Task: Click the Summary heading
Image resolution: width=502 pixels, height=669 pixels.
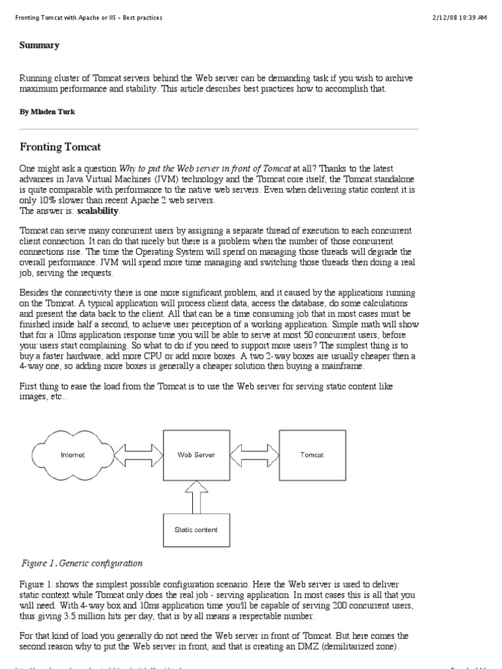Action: [x=39, y=45]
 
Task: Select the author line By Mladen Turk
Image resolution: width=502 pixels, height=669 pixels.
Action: [x=47, y=112]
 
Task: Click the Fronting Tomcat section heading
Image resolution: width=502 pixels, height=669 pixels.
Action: [x=59, y=147]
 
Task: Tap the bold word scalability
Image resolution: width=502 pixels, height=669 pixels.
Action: [x=99, y=211]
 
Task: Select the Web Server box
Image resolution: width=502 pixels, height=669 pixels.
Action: [x=195, y=455]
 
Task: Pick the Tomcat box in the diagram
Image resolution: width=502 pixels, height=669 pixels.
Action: [x=312, y=455]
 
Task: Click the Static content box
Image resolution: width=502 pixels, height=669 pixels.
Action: [x=195, y=529]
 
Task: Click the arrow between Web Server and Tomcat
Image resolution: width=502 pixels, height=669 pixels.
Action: [x=254, y=455]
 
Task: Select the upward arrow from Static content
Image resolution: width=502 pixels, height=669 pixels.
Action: [x=195, y=495]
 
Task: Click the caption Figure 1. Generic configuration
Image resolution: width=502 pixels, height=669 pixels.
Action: [x=82, y=563]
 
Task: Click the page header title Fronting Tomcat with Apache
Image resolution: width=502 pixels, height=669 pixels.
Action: [x=89, y=18]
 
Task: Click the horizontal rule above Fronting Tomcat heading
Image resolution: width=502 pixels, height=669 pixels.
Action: [x=219, y=129]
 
